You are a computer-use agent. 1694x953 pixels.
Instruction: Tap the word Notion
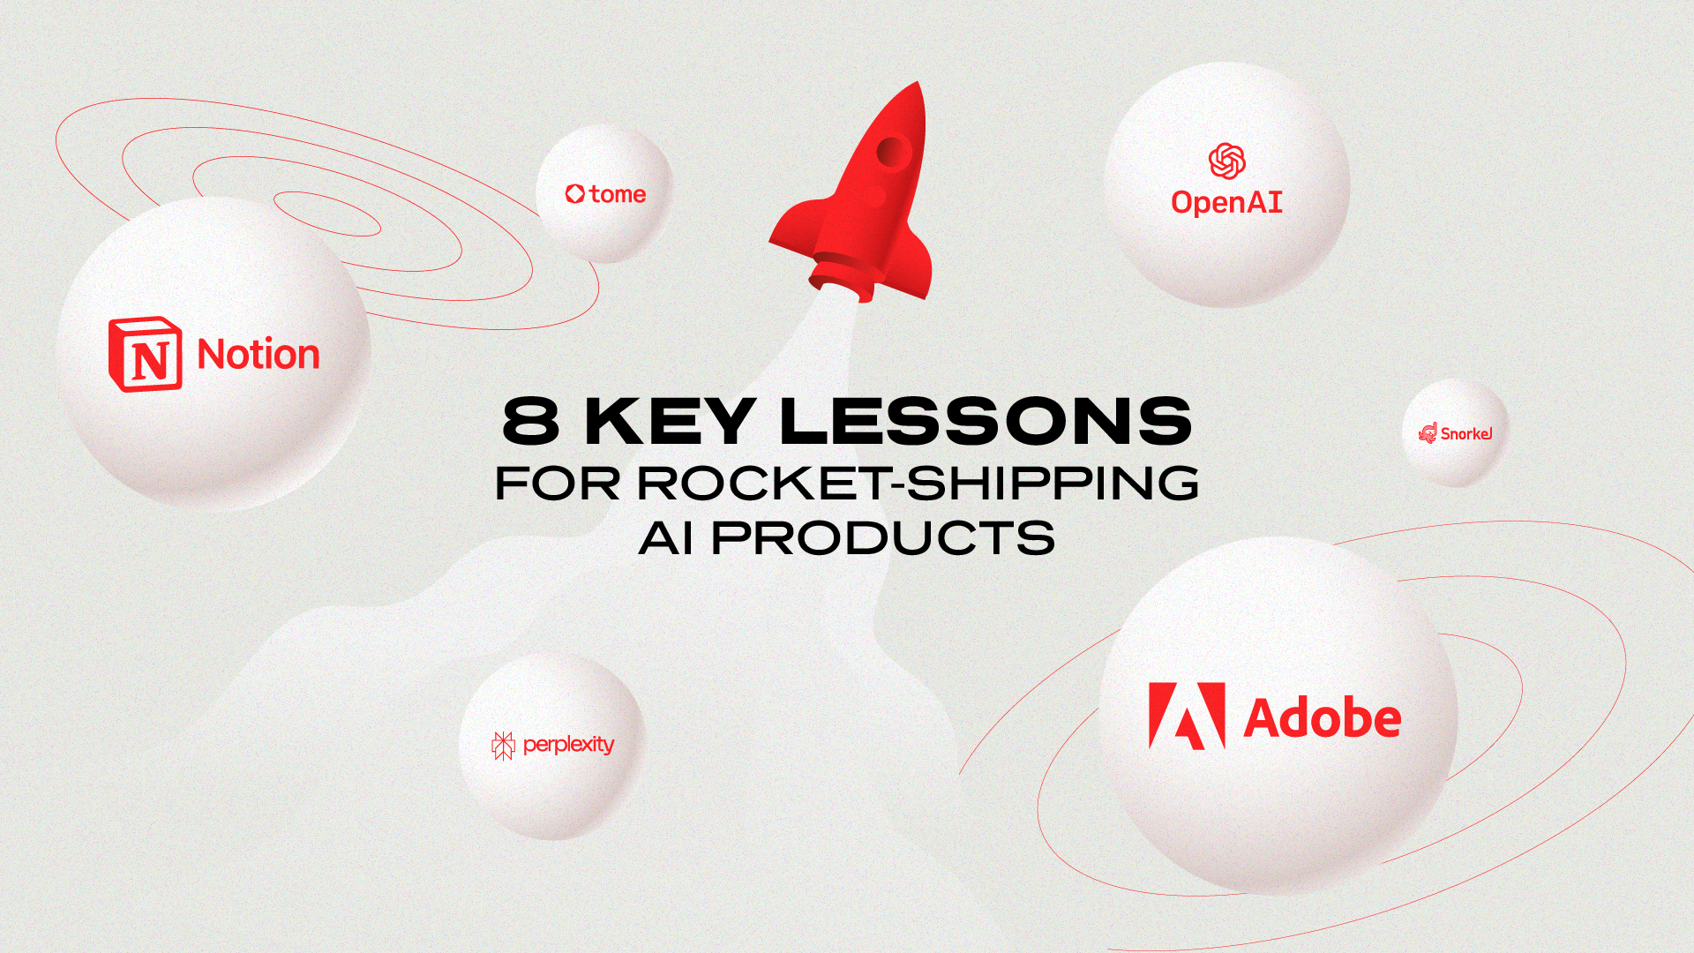pos(258,355)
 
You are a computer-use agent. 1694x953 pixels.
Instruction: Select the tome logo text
pos(618,194)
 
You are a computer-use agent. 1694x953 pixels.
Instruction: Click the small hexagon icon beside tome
pos(575,193)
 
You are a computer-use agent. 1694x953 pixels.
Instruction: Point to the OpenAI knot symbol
pos(1226,161)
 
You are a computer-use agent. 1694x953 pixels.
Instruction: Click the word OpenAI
pos(1226,203)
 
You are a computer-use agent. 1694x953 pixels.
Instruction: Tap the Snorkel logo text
pos(1465,433)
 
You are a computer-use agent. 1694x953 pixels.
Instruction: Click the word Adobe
pos(1322,718)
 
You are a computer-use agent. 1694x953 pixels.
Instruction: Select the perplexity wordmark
pos(568,745)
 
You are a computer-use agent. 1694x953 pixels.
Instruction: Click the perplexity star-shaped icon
pos(503,746)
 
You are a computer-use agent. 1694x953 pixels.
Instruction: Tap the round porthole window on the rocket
pos(891,152)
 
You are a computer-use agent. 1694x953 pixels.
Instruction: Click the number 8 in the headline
pos(531,421)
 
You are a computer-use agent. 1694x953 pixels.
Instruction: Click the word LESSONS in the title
pos(986,421)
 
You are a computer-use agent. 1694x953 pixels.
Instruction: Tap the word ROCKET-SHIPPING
pos(918,483)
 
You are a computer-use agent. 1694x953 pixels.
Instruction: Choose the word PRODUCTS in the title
pos(883,537)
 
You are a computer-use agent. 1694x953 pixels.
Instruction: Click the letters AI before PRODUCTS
pos(666,537)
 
